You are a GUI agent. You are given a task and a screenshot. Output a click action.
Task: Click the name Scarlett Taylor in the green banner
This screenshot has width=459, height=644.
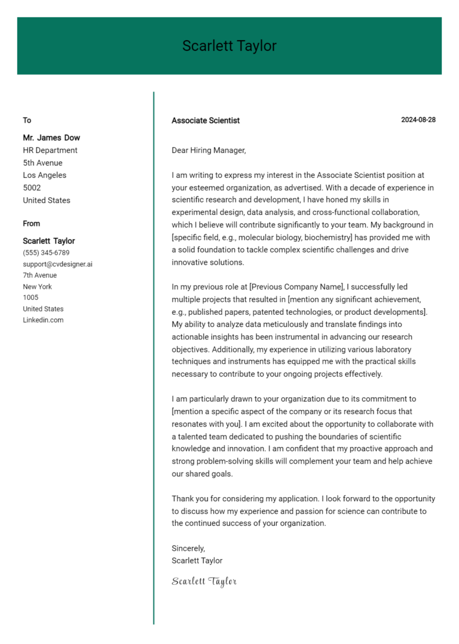pyautogui.click(x=229, y=46)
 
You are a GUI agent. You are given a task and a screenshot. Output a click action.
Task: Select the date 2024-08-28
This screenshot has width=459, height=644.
pyautogui.click(x=418, y=119)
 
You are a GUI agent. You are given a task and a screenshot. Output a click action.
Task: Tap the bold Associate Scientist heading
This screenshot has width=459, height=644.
pyautogui.click(x=206, y=120)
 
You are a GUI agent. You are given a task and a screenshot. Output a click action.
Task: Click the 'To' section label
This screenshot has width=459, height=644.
pyautogui.click(x=27, y=120)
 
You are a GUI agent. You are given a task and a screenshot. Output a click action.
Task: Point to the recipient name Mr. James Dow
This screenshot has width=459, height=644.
pyautogui.click(x=51, y=137)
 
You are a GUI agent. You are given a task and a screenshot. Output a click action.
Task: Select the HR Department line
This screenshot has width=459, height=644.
pyautogui.click(x=50, y=151)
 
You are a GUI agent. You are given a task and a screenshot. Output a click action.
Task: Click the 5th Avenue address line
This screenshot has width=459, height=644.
pyautogui.click(x=42, y=163)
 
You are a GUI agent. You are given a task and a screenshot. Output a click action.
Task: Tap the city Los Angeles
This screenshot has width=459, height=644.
pyautogui.click(x=45, y=176)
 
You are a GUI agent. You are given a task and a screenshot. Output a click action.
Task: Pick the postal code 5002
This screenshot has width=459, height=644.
pyautogui.click(x=32, y=188)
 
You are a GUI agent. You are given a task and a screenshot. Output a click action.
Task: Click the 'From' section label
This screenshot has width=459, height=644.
pyautogui.click(x=32, y=223)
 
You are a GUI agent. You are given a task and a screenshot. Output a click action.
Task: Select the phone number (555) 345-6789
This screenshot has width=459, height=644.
pyautogui.click(x=46, y=253)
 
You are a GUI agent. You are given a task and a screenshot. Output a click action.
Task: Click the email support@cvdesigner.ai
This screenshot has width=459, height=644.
pyautogui.click(x=57, y=264)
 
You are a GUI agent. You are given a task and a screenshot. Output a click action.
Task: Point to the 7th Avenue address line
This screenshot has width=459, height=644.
pyautogui.click(x=40, y=275)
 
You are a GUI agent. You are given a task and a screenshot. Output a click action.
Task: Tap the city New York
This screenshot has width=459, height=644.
pyautogui.click(x=38, y=287)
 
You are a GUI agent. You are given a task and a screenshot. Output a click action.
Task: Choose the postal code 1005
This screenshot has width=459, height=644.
pyautogui.click(x=30, y=298)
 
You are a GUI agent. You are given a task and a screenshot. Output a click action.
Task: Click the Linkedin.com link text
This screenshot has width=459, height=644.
pyautogui.click(x=43, y=320)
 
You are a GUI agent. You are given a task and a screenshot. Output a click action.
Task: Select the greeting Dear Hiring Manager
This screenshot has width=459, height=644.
pyautogui.click(x=209, y=151)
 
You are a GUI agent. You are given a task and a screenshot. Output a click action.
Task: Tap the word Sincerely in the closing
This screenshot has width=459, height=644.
pyautogui.click(x=188, y=548)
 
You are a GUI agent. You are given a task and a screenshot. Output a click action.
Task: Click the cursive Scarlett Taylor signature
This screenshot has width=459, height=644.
pyautogui.click(x=204, y=581)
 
